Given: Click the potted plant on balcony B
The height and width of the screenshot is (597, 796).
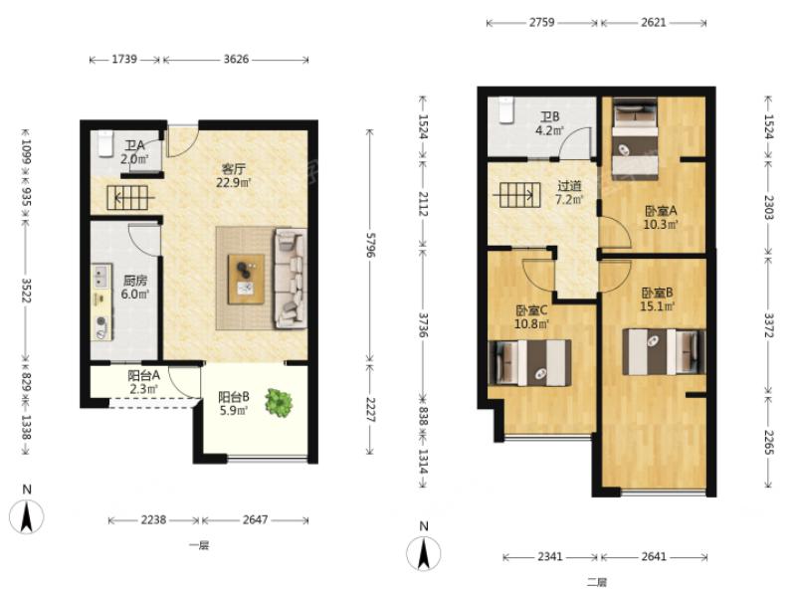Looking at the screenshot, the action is [279, 403].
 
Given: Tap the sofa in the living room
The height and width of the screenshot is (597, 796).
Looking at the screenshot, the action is [291, 279].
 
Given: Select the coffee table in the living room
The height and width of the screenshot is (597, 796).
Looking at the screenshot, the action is [246, 279].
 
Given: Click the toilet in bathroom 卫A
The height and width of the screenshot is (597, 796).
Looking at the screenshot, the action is [105, 143].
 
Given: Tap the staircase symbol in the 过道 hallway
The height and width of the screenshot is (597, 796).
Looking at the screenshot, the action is [516, 195].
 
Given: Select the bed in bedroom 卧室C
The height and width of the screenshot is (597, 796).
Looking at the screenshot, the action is [529, 363].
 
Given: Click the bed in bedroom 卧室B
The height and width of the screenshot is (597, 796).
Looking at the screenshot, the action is [664, 352].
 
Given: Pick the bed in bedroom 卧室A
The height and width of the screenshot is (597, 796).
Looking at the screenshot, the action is [635, 138].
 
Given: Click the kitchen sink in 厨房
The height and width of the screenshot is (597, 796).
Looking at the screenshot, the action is [101, 277].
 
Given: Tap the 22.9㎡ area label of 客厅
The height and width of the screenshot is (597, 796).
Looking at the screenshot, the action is [234, 182].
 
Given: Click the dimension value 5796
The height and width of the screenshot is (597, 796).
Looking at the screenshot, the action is [370, 245].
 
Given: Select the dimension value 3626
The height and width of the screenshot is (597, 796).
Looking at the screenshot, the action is [236, 60].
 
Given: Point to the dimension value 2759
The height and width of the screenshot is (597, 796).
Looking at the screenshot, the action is [541, 22].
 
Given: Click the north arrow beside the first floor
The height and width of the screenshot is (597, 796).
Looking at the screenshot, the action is [27, 515].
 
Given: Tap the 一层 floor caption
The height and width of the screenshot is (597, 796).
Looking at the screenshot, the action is [199, 545].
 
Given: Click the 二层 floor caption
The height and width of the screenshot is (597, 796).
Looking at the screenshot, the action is [597, 582].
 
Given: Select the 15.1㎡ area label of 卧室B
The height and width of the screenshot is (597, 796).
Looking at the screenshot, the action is [658, 306].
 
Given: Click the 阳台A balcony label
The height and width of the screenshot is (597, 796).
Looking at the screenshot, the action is [143, 375].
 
